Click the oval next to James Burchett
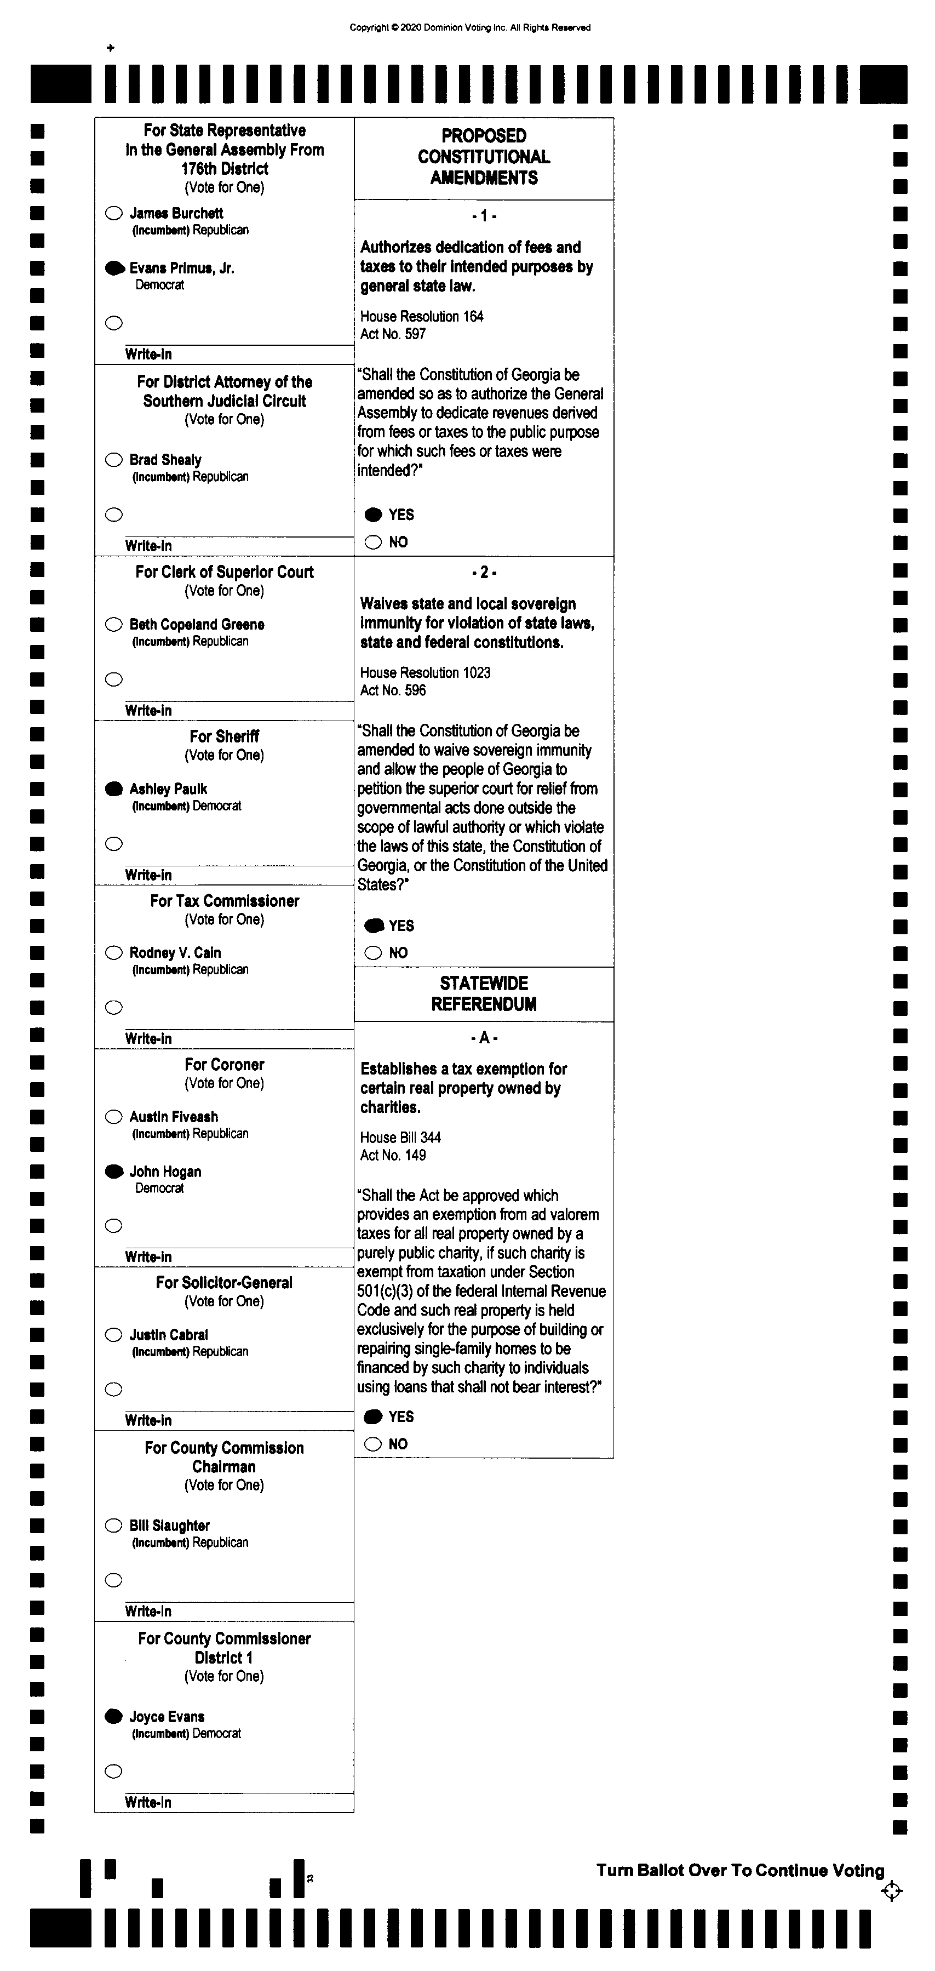pos(114,214)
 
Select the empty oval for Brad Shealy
pos(114,460)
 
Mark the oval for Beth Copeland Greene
pos(114,624)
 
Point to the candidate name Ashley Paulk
pos(168,789)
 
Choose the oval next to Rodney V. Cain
pos(114,952)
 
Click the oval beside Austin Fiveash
pos(114,1117)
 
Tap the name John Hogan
pos(165,1172)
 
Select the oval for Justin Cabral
pos(114,1335)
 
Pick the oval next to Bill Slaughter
pos(114,1526)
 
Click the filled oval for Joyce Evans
pos(114,1716)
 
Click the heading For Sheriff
pos(224,736)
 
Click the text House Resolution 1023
pos(426,672)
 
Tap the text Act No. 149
pos(393,1155)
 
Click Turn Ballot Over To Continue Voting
pos(740,1870)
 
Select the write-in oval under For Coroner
pos(114,1226)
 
